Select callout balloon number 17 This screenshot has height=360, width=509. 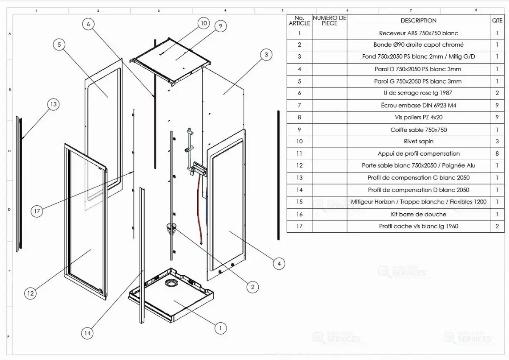(38, 211)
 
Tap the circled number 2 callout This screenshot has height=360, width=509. (252, 287)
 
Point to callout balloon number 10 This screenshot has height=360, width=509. (204, 23)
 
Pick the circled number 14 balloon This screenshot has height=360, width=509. (87, 333)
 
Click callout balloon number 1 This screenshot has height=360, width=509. (220, 328)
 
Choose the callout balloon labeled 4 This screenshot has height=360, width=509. (278, 264)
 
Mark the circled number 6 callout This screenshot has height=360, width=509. (88, 24)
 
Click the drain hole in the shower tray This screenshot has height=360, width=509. (173, 283)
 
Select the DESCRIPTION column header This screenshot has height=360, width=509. (418, 20)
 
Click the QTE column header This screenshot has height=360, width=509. (497, 20)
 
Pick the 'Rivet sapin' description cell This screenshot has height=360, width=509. (418, 142)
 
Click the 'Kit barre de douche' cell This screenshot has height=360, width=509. (418, 214)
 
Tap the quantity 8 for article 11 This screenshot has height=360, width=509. (497, 153)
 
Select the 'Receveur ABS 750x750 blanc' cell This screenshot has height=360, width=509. (418, 33)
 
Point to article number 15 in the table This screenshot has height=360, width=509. (299, 202)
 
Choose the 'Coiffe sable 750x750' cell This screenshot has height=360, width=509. (418, 130)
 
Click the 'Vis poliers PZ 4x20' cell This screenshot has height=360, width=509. (418, 117)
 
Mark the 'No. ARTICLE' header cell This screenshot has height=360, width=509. (299, 20)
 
